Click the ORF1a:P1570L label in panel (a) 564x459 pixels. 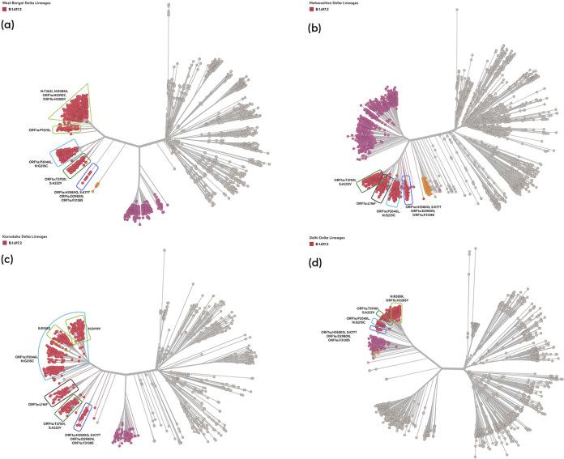[x=40, y=129]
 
